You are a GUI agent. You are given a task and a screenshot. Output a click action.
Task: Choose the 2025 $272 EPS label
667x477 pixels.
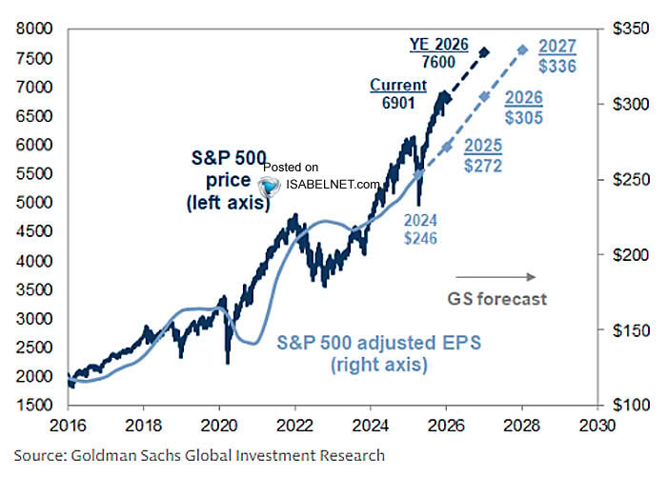(x=484, y=156)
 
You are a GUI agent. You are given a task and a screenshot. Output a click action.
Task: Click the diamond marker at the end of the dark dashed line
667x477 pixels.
(x=484, y=52)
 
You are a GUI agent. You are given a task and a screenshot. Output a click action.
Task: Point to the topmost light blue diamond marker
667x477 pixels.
(x=521, y=50)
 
